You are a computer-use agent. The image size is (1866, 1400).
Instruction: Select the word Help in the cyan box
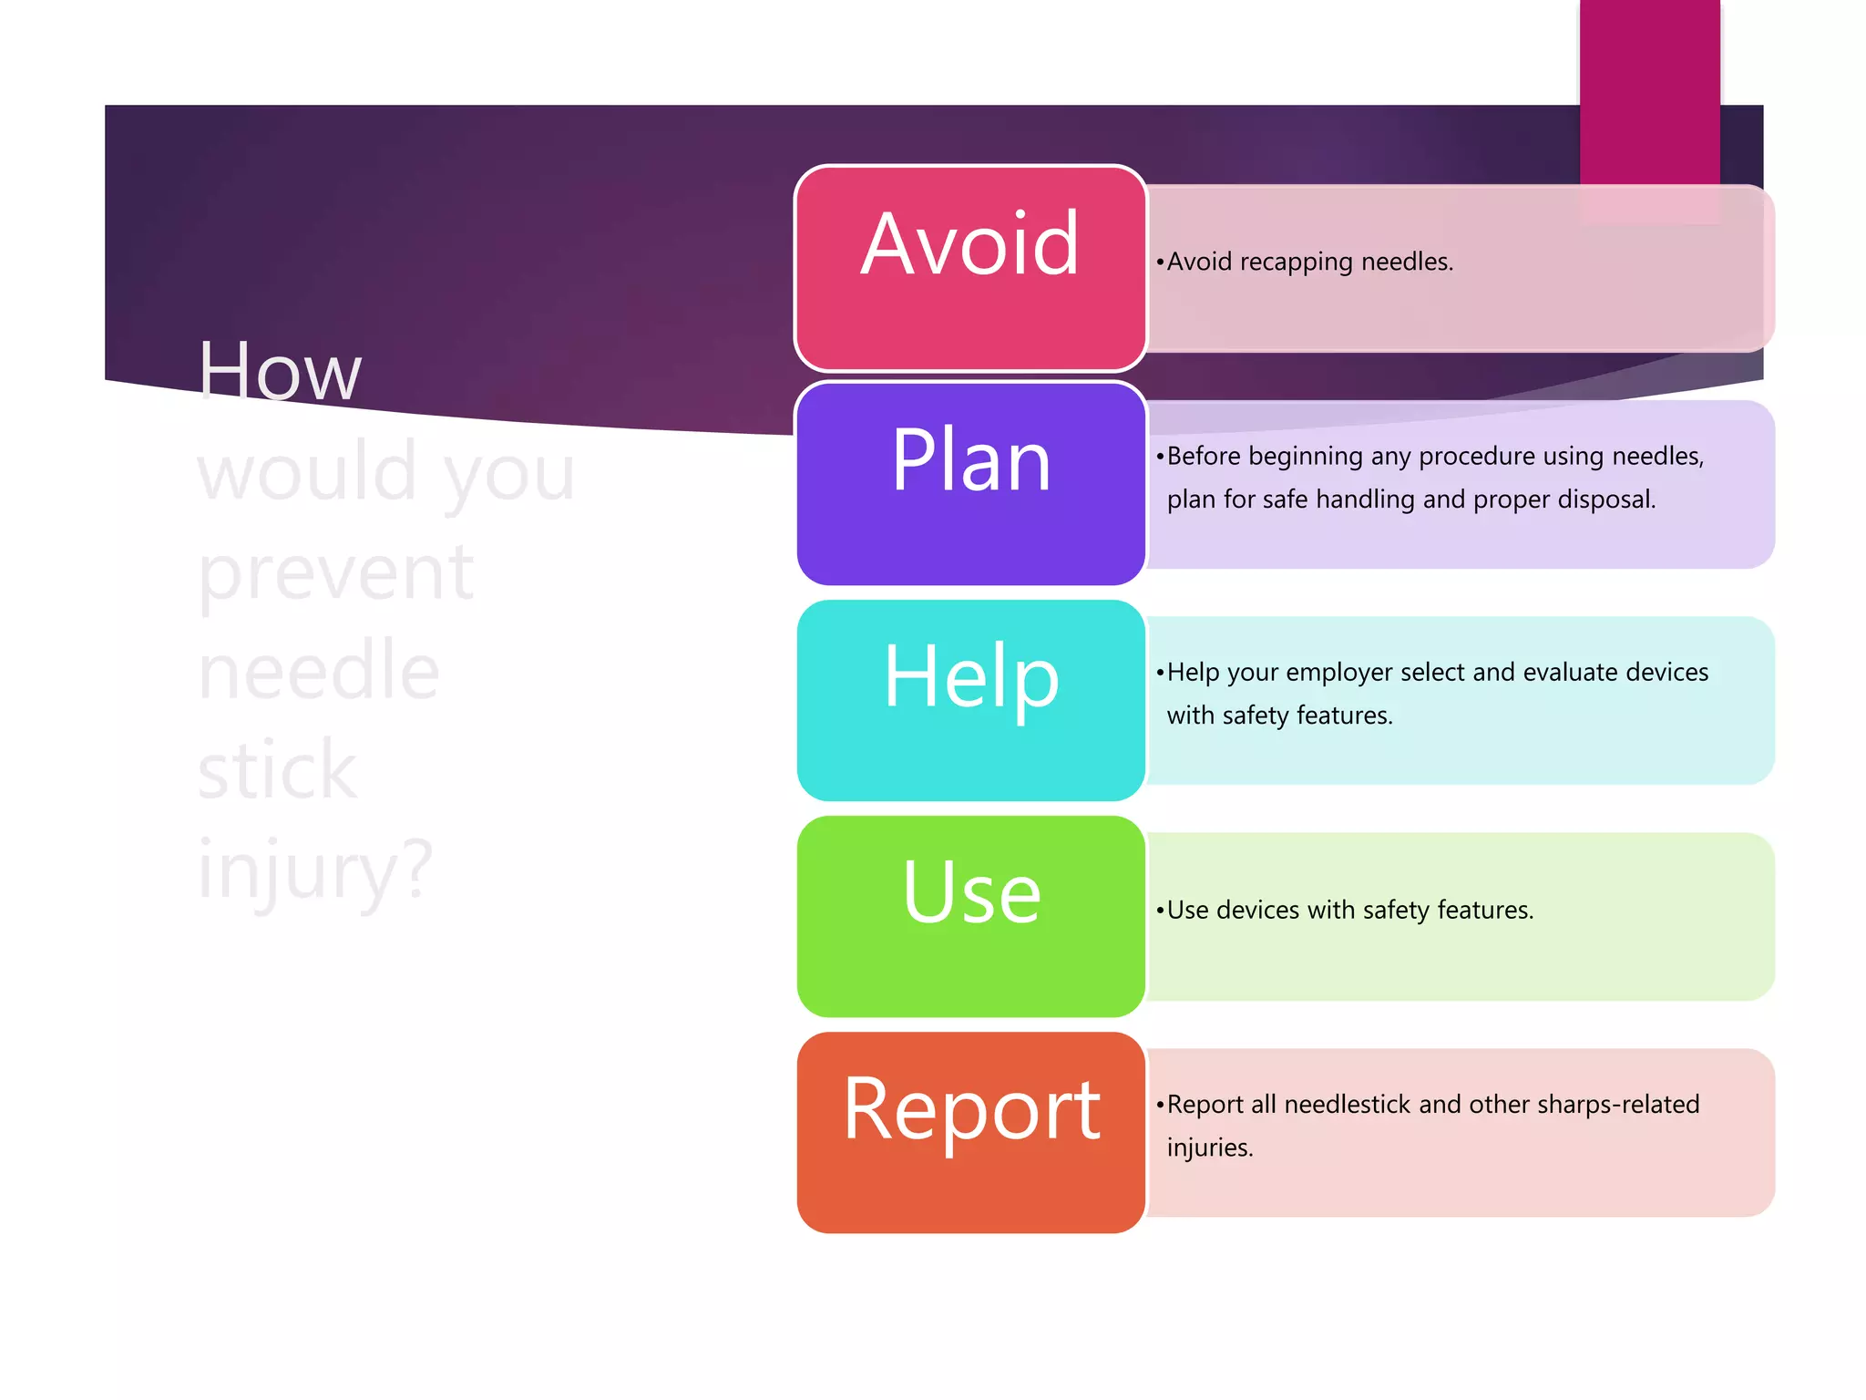[970, 678]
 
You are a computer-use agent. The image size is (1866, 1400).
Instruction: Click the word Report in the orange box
[971, 1110]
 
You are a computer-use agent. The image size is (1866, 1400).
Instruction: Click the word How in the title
[280, 371]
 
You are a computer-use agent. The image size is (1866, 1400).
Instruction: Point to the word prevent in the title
[335, 572]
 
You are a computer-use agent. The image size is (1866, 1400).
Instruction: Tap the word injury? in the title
[315, 870]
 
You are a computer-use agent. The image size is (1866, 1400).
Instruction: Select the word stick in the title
[277, 771]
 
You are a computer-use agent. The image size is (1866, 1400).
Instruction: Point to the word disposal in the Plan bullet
[1605, 499]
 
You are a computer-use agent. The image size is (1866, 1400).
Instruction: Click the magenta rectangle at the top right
[1649, 91]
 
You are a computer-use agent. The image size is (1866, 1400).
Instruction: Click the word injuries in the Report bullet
[1209, 1148]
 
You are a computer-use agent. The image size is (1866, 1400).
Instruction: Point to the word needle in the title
[318, 671]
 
